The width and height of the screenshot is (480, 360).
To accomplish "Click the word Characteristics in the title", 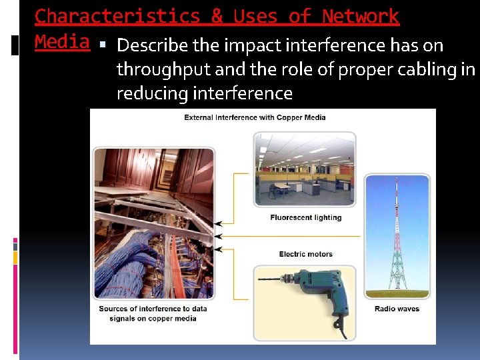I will [117, 16].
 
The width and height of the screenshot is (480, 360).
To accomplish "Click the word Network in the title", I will [360, 16].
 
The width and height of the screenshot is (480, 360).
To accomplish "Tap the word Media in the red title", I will [62, 42].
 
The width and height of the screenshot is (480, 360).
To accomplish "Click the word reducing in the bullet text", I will [152, 93].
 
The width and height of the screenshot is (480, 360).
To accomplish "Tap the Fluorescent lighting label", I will [305, 217].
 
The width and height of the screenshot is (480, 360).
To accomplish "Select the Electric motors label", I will [305, 254].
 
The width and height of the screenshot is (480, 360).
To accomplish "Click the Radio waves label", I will [397, 309].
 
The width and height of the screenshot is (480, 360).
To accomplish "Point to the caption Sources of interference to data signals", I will [153, 313].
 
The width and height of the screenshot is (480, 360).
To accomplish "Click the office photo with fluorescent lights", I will [305, 170].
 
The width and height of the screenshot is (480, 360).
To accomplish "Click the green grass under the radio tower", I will [397, 293].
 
